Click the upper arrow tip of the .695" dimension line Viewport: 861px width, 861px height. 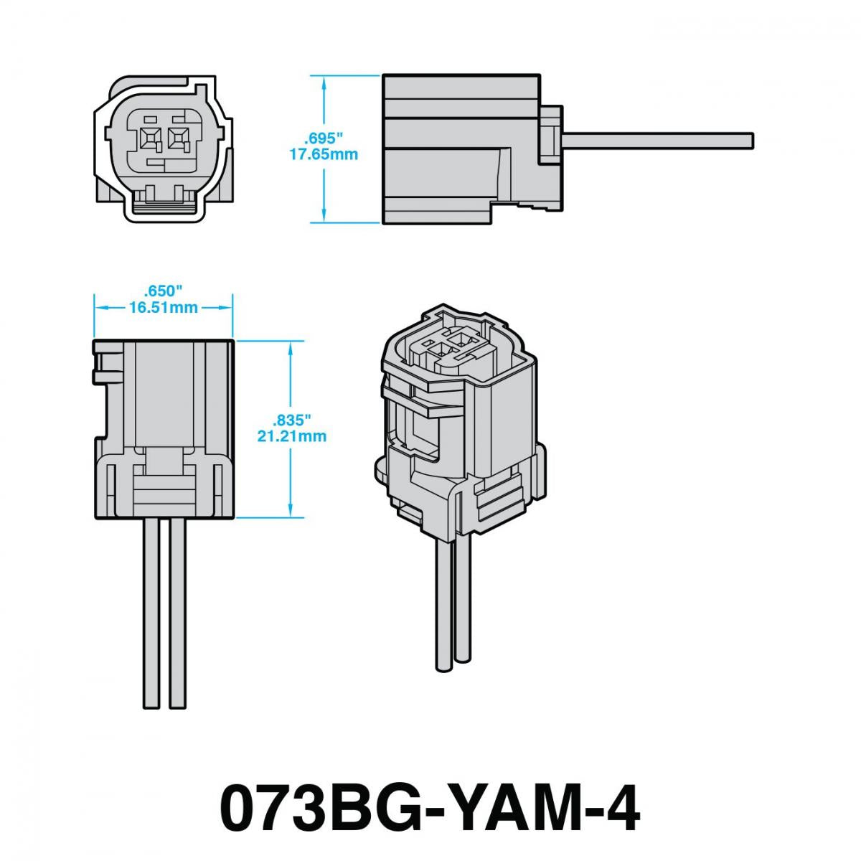coord(324,76)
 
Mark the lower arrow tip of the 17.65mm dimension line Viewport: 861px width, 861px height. coord(324,222)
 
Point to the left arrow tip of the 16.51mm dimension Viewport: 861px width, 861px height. coord(95,307)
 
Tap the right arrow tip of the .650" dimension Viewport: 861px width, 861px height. coord(232,307)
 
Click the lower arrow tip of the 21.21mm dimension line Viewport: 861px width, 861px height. coord(291,517)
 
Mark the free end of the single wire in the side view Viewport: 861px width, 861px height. coord(753,141)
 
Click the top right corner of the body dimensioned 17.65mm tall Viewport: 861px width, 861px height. coord(540,75)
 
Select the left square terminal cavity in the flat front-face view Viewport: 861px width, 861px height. coord(149,138)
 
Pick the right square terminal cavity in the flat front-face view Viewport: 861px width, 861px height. coord(177,138)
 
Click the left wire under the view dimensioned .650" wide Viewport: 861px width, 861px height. coord(151,613)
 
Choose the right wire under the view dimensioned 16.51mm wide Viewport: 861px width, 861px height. coord(177,613)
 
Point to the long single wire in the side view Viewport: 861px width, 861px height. coord(658,141)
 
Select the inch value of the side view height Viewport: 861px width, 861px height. coord(323,137)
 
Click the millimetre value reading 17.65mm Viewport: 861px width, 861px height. coord(324,154)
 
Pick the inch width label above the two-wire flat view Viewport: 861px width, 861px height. coord(163,291)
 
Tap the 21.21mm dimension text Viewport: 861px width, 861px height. coord(292,436)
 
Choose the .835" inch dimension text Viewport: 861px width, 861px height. coord(291,419)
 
